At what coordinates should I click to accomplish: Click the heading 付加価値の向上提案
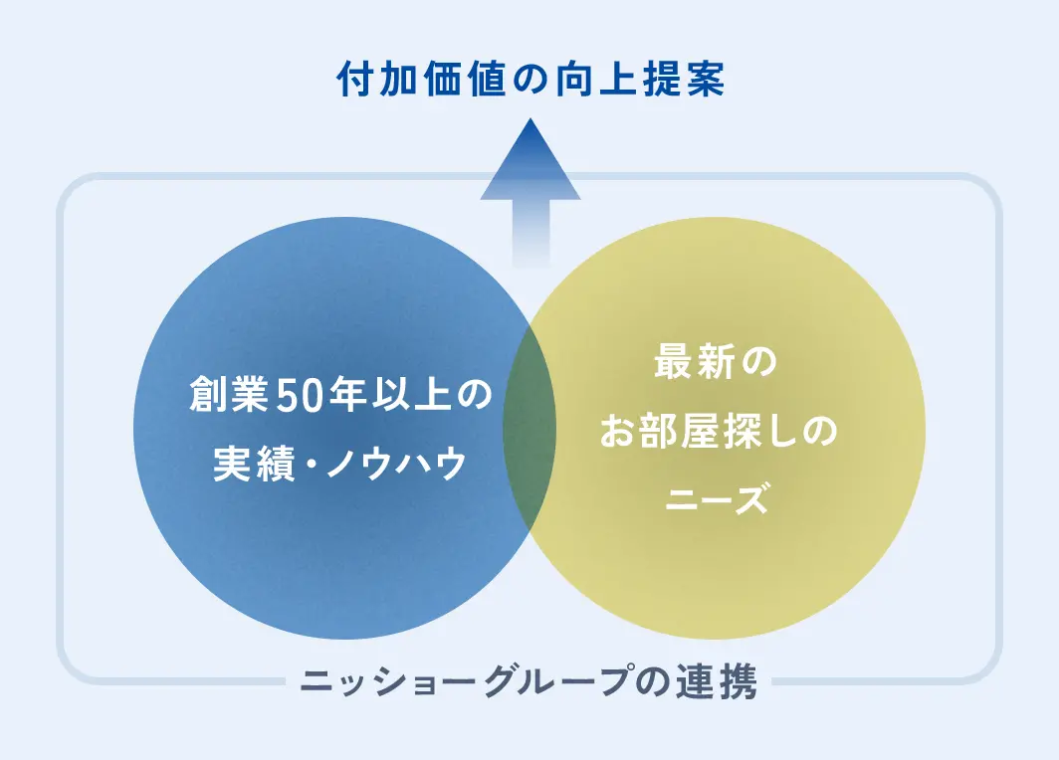click(530, 80)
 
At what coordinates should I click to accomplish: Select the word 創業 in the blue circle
click(230, 394)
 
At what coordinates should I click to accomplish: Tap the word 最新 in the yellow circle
click(695, 361)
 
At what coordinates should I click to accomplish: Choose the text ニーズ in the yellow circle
click(717, 499)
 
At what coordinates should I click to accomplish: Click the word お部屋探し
click(701, 431)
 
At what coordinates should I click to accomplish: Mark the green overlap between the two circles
click(529, 428)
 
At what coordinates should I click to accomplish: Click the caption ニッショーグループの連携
click(529, 680)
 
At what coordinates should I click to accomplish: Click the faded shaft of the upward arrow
click(530, 234)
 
